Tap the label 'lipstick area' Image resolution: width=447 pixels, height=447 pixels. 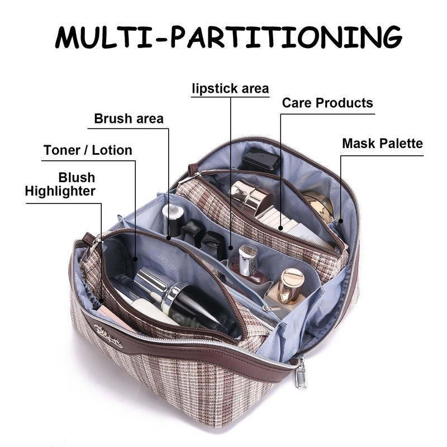[230, 88]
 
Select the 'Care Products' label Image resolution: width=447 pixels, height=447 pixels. [327, 103]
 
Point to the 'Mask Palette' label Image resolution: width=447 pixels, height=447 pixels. [382, 144]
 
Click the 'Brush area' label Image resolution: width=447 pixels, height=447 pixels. [129, 118]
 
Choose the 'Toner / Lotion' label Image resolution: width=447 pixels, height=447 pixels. [88, 150]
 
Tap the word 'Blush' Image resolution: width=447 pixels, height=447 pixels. [77, 178]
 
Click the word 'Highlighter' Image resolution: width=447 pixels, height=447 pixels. [60, 191]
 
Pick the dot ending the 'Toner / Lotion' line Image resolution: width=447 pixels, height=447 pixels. [136, 258]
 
